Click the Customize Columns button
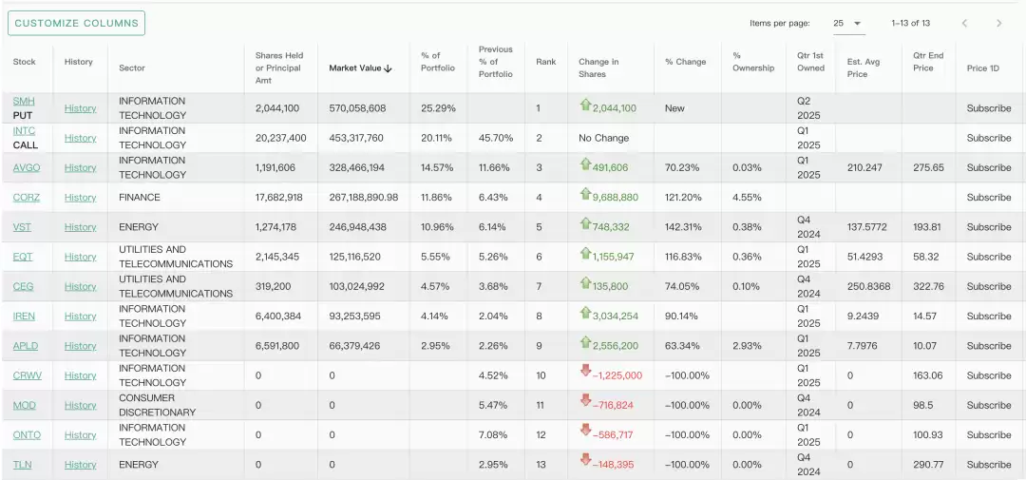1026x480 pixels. [76, 23]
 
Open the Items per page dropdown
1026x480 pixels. [848, 23]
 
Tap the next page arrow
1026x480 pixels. [998, 23]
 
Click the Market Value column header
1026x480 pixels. [360, 67]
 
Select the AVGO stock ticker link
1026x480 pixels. [27, 167]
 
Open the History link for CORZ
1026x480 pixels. [80, 198]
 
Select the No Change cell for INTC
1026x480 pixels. [603, 138]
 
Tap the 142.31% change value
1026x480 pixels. [682, 227]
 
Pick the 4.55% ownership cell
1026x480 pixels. [747, 198]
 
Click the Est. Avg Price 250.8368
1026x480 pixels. [868, 286]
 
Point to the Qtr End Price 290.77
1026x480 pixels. [928, 465]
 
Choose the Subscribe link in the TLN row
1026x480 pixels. [988, 465]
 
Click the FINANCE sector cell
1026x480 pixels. [140, 198]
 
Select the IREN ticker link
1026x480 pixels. [24, 317]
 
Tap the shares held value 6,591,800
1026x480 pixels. [277, 346]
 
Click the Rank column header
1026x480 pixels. [545, 62]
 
